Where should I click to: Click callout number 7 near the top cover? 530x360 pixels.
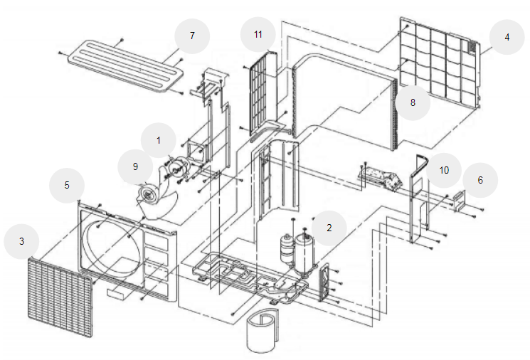192,36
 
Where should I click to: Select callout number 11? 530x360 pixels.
258,34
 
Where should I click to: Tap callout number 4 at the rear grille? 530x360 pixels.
507,37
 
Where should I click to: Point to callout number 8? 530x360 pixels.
413,102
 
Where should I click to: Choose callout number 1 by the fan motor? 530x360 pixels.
158,140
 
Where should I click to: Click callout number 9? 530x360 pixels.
135,166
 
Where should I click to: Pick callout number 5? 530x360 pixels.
67,185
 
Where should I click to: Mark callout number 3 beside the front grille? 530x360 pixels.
21,241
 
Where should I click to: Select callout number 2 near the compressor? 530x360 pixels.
329,228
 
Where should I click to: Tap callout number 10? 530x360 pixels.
444,170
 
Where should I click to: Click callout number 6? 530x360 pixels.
480,180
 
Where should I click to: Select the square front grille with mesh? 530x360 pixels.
60,297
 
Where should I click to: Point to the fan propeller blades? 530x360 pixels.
157,202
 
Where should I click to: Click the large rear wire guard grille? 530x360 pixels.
440,63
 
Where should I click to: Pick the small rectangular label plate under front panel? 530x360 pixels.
117,293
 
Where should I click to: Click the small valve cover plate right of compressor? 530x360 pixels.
324,282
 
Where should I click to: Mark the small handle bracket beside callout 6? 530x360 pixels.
460,201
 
